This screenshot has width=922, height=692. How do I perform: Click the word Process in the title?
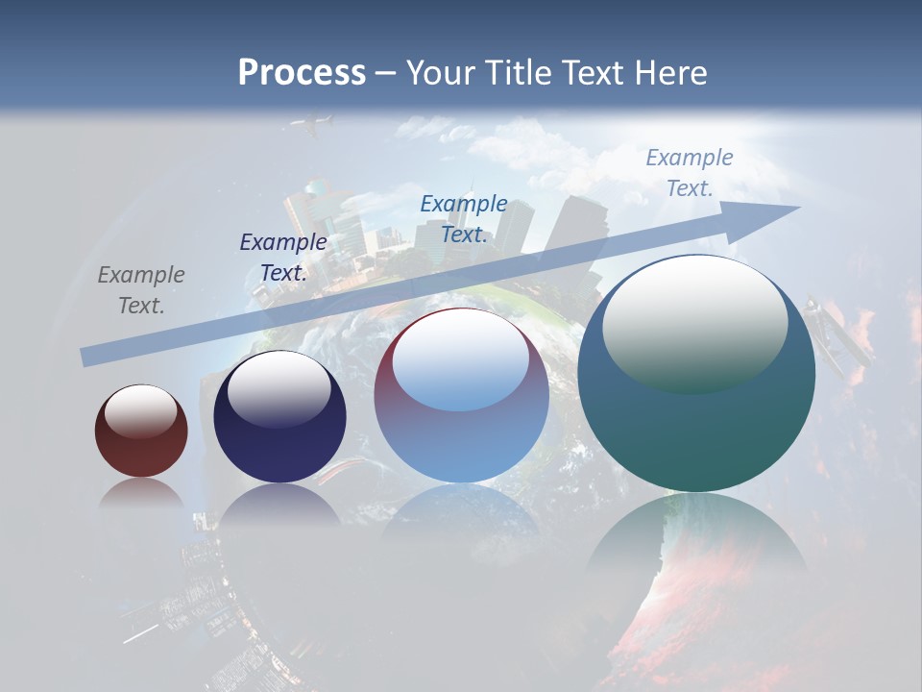pyautogui.click(x=302, y=73)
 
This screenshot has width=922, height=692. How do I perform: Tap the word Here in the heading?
pyautogui.click(x=668, y=73)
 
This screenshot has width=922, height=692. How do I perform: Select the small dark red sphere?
pyautogui.click(x=141, y=432)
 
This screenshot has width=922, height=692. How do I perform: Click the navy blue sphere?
pyautogui.click(x=279, y=417)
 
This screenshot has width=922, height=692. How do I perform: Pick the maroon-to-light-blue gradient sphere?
pyautogui.click(x=461, y=396)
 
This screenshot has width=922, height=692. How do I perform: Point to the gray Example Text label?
pyautogui.click(x=141, y=290)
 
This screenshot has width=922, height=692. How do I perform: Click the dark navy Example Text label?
pyautogui.click(x=283, y=258)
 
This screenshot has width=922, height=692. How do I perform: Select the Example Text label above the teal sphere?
pyautogui.click(x=689, y=173)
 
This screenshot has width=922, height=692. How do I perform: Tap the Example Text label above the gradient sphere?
pyautogui.click(x=464, y=219)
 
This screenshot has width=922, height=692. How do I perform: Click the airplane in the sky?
pyautogui.click(x=314, y=124)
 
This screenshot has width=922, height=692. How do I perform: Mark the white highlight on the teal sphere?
pyautogui.click(x=694, y=322)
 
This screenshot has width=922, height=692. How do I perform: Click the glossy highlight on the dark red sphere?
pyautogui.click(x=141, y=411)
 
